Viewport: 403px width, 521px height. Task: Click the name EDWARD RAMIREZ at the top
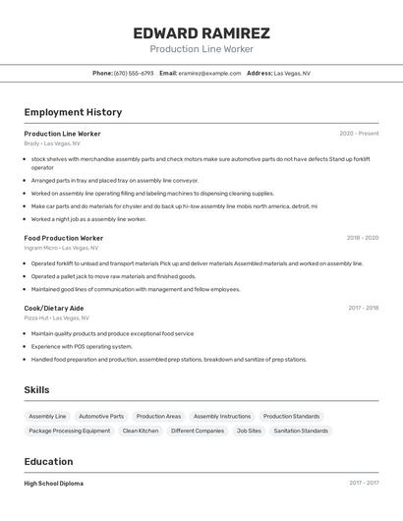[x=201, y=33]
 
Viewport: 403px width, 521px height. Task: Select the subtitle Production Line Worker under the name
[x=201, y=49]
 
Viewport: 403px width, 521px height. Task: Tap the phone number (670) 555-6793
[x=134, y=73]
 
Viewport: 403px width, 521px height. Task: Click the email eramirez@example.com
[x=209, y=73]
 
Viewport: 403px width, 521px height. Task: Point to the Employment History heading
[x=73, y=112]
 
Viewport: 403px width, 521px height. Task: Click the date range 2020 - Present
[x=359, y=134]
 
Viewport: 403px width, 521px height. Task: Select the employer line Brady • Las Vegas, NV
[x=52, y=144]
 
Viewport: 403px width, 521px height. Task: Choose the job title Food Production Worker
[x=63, y=238]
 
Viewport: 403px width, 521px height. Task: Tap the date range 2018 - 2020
[x=362, y=238]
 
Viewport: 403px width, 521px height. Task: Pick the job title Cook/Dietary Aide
[x=54, y=308]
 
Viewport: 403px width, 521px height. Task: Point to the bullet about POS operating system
[x=82, y=346]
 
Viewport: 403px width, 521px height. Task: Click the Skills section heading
[x=36, y=390]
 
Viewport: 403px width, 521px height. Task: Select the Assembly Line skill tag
[x=47, y=416]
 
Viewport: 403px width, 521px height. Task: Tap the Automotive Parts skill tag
[x=101, y=416]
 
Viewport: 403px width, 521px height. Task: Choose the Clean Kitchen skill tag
[x=141, y=431]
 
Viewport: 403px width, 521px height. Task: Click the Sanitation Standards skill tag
[x=301, y=431]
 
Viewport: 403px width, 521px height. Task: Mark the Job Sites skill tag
[x=249, y=431]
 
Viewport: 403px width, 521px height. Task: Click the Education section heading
[x=48, y=462]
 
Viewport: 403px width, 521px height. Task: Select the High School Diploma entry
[x=53, y=484]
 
